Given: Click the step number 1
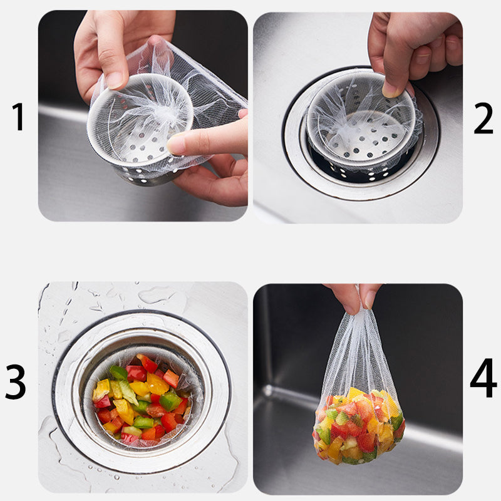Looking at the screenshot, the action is (x=19, y=116).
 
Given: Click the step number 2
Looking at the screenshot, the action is (x=483, y=118).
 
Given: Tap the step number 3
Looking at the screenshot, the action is (x=15, y=382).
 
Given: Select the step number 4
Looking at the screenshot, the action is (x=483, y=378).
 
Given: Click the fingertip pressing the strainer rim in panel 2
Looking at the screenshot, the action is (x=392, y=90).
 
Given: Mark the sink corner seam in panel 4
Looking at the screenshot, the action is (x=268, y=390).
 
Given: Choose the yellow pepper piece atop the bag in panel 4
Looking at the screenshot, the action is (x=355, y=393).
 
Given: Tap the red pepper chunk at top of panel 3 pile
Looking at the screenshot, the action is (x=147, y=363).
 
